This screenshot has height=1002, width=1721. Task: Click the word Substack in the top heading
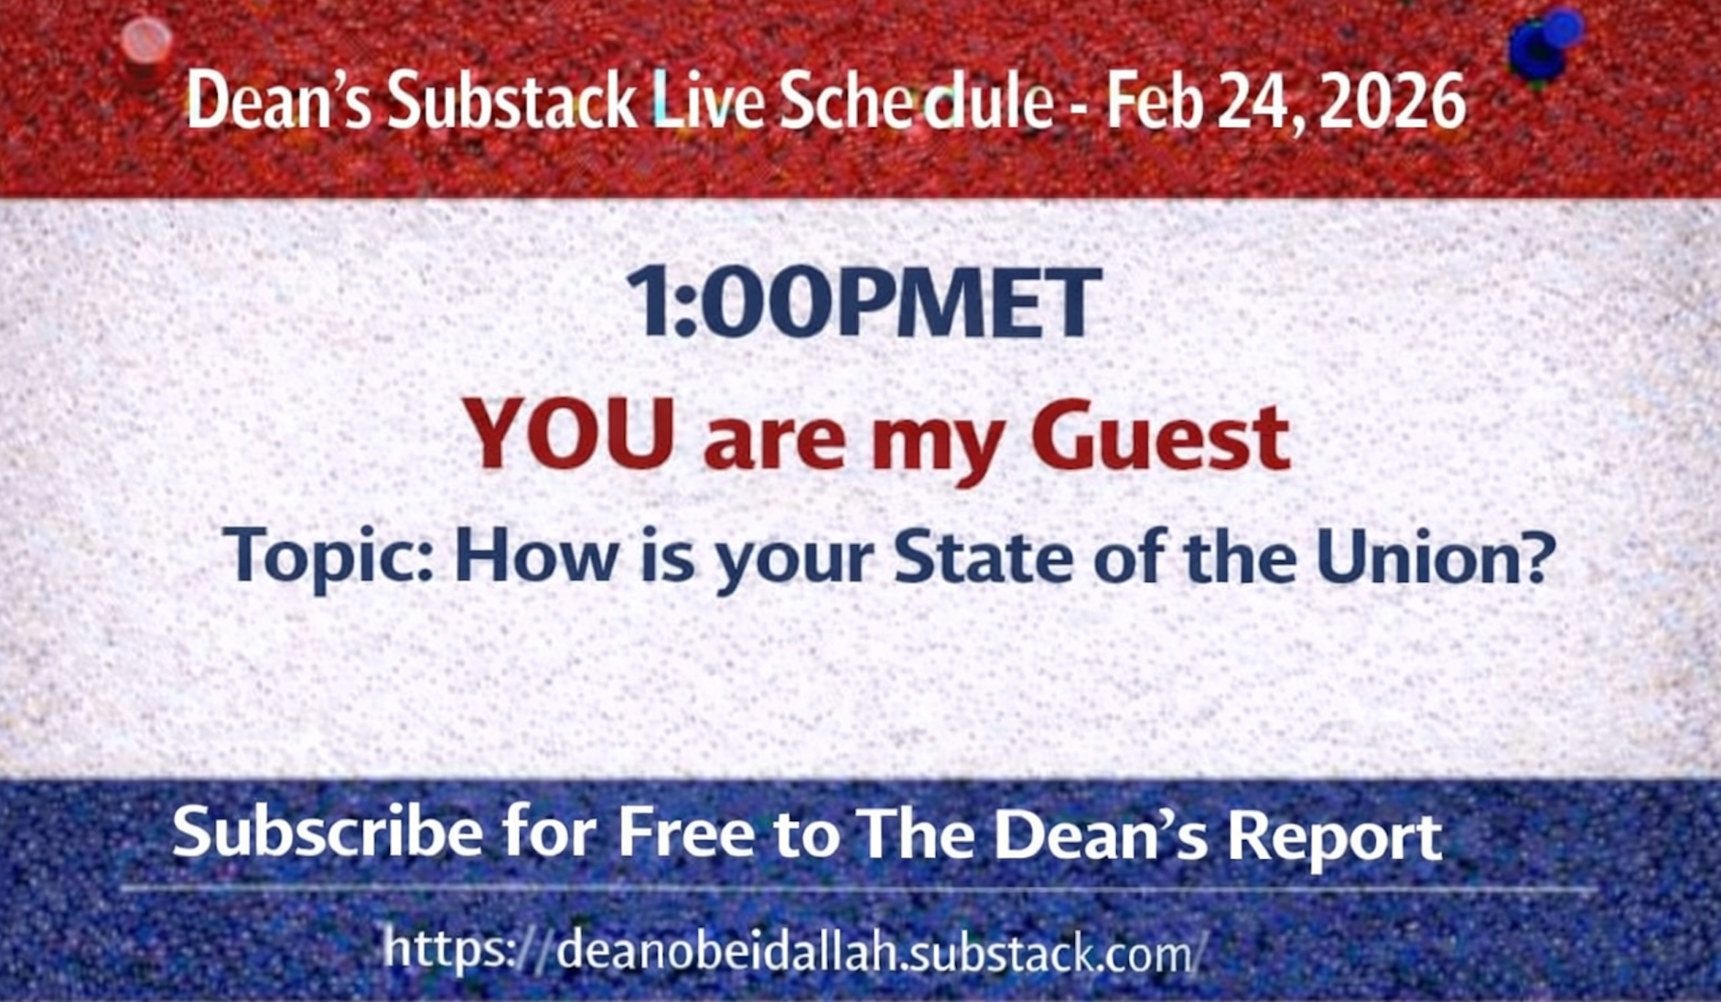[513, 102]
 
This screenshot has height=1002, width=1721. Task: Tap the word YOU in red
[569, 436]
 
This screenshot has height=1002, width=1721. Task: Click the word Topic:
[329, 558]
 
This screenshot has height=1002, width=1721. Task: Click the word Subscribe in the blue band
[328, 833]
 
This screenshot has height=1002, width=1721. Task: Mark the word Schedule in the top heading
[916, 102]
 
